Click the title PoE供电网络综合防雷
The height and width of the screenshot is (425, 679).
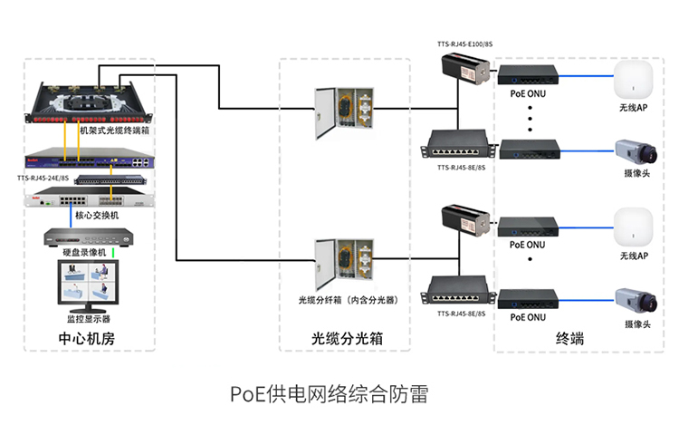pos(328,394)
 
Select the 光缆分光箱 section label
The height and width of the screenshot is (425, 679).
pos(347,340)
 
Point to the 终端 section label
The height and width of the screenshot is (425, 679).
pos(569,340)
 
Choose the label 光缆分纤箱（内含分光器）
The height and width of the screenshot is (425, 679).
pos(349,300)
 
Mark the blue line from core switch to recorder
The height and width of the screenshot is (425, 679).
pos(72,216)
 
